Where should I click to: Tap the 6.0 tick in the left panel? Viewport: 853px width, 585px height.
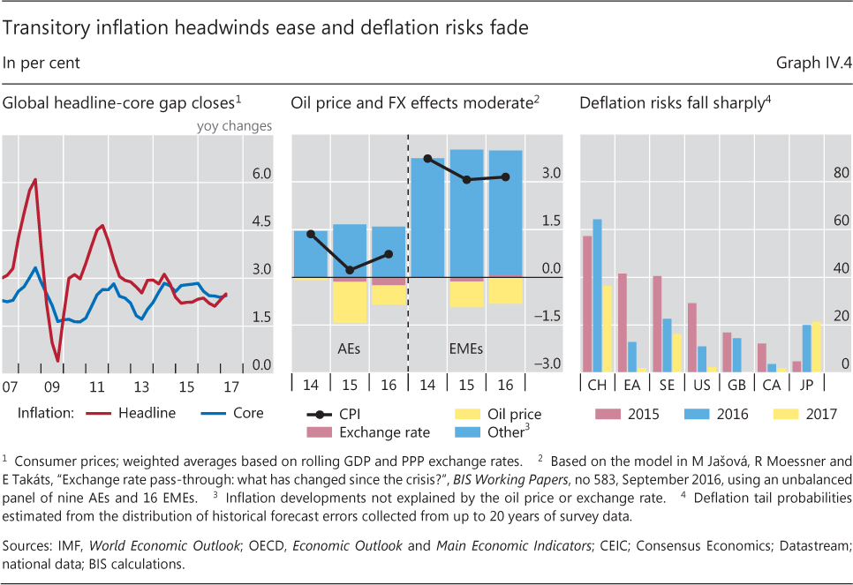[x=262, y=175]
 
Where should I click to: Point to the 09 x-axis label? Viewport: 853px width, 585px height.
[x=52, y=387]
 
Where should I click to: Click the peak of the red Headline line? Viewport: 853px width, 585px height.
[x=35, y=180]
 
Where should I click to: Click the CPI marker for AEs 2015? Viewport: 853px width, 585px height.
[x=350, y=270]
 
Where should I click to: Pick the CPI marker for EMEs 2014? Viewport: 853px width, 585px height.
[x=428, y=159]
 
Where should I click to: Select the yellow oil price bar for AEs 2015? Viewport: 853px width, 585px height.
[x=350, y=303]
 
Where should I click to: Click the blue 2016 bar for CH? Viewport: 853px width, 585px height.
[x=598, y=295]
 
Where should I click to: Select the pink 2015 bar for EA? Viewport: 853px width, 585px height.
[x=623, y=322]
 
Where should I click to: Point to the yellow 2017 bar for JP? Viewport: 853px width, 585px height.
[x=816, y=346]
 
